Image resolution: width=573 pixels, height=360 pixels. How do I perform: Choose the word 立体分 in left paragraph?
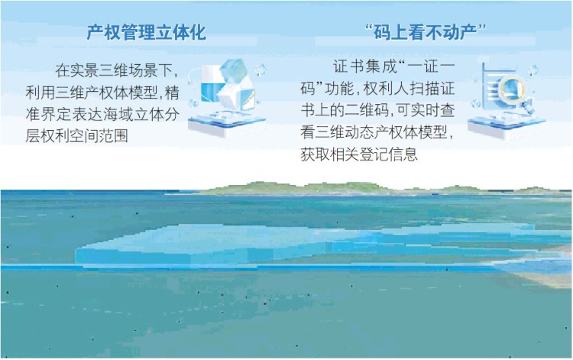pos(165,115)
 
